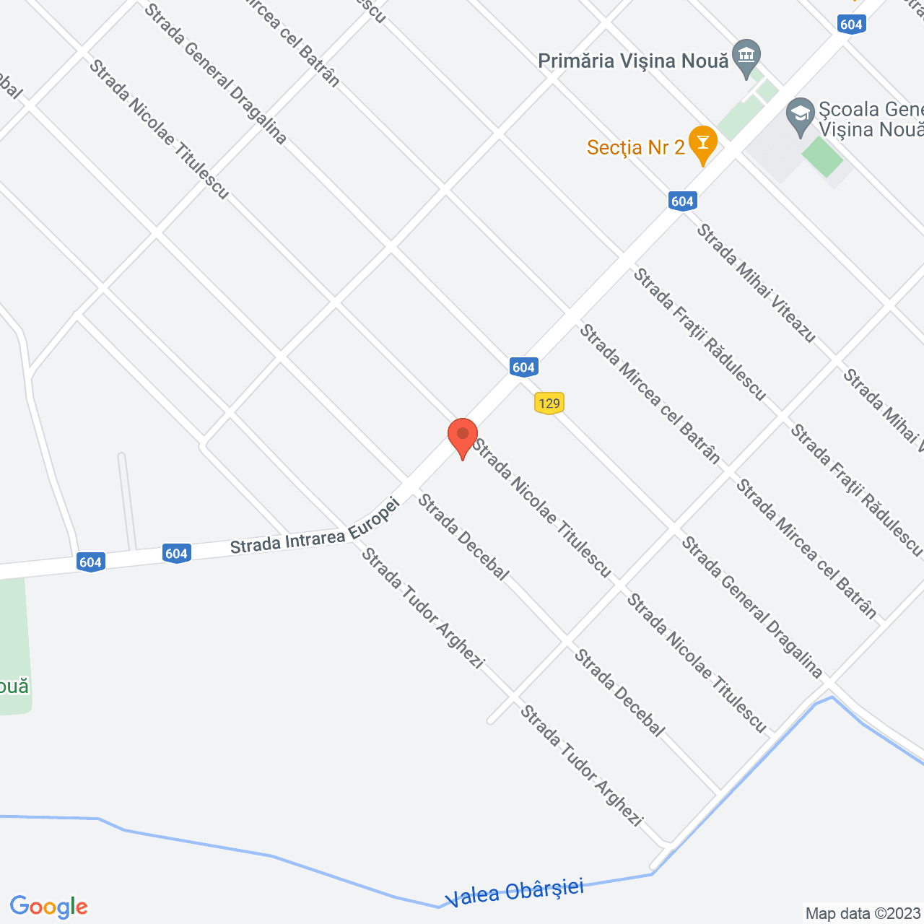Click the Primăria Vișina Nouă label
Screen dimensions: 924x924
click(633, 61)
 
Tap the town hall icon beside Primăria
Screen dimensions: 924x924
click(746, 56)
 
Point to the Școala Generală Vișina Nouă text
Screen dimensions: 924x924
click(871, 119)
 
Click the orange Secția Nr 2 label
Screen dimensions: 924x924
click(635, 148)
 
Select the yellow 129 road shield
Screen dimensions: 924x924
click(549, 403)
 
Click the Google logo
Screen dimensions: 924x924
click(48, 907)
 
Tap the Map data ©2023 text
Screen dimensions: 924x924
click(863, 913)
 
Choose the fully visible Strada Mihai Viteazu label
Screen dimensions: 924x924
click(756, 284)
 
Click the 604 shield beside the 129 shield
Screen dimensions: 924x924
click(523, 367)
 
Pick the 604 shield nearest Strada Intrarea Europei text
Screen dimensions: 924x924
click(176, 554)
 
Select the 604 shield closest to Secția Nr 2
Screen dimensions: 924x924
click(682, 201)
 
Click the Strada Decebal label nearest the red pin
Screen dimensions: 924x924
click(463, 536)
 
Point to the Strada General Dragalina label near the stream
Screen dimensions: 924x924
click(751, 607)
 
